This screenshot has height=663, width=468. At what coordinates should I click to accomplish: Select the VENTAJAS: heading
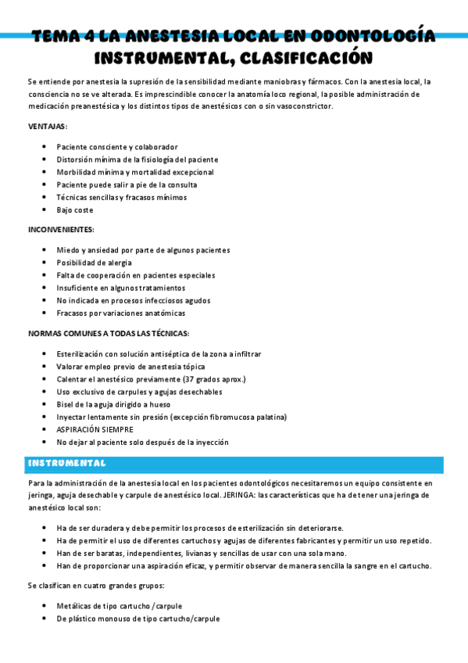click(48, 126)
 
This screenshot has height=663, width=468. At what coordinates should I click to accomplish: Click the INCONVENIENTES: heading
click(61, 229)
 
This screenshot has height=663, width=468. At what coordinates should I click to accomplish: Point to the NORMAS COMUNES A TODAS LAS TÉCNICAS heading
click(108, 333)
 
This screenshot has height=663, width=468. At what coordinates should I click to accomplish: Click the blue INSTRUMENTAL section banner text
click(66, 464)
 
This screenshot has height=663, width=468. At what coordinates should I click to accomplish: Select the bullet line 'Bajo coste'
click(74, 210)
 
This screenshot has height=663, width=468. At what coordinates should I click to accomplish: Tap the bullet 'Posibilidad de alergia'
click(94, 263)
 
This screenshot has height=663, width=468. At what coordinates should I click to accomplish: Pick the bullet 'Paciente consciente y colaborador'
click(117, 147)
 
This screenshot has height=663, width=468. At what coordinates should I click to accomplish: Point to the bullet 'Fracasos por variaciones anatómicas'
click(120, 313)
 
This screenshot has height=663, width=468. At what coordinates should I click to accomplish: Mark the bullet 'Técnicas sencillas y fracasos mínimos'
click(121, 197)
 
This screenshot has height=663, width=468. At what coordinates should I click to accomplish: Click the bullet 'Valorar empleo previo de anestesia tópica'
click(130, 367)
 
